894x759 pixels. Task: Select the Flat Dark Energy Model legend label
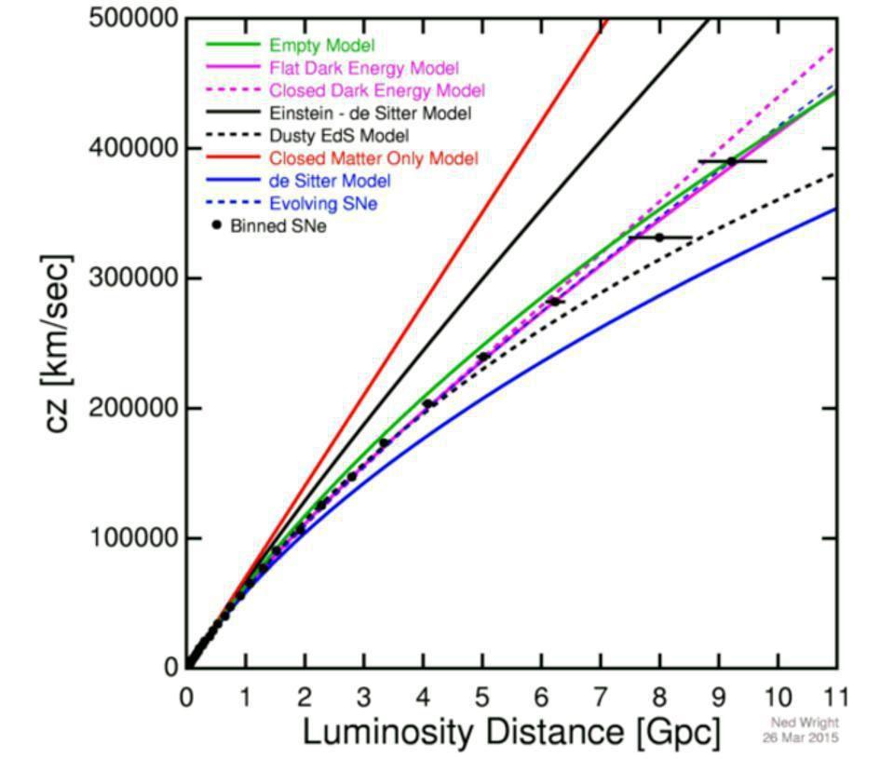point(363,68)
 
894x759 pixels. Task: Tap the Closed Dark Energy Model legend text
point(376,90)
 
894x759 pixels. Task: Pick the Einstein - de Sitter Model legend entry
point(370,114)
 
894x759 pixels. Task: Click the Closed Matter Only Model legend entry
point(373,158)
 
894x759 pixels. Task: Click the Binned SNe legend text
point(278,225)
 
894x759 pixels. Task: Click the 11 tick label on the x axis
point(835,696)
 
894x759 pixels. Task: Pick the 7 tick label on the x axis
point(601,696)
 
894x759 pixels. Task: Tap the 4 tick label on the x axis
point(423,696)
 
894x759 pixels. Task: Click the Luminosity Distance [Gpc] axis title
point(511,733)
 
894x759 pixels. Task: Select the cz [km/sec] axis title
point(58,345)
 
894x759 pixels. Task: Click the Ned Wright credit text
point(805,723)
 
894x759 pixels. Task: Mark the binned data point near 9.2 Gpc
point(732,161)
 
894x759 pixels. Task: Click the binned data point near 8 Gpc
point(659,237)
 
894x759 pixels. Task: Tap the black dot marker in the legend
point(216,225)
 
